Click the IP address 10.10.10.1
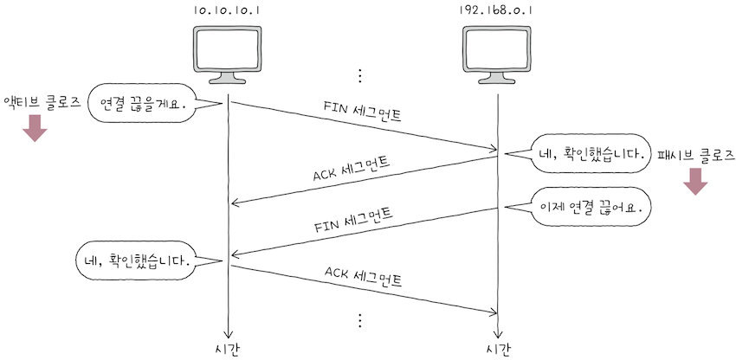coord(228,11)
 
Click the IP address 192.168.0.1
coord(498,11)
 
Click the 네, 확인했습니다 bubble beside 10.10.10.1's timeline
coord(136,259)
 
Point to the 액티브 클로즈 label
coord(42,101)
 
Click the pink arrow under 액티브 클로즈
coord(34,128)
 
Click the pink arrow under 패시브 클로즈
coord(695,182)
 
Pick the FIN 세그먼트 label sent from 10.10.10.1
coord(361,112)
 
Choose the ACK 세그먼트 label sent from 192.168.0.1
coord(351,168)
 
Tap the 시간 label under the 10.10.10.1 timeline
coord(228,349)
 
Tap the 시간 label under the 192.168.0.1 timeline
coord(498,349)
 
